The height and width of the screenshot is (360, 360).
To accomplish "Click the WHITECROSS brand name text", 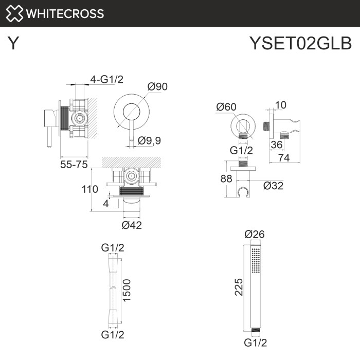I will pos(64,13).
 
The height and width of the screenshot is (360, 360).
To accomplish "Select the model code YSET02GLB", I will pos(300,43).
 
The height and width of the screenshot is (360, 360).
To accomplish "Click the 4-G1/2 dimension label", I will pos(107,79).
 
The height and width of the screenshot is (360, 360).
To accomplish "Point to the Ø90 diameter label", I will pos(158,87).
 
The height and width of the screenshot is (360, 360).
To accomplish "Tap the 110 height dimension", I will pos(89,189).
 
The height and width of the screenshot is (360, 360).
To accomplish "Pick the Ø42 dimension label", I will pos(132,225).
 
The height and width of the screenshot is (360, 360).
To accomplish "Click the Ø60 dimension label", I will pos(226,107).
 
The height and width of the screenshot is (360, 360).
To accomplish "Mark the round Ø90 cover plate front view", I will pos(130,111).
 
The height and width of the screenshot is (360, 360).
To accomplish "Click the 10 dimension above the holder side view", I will pos(280,105).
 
